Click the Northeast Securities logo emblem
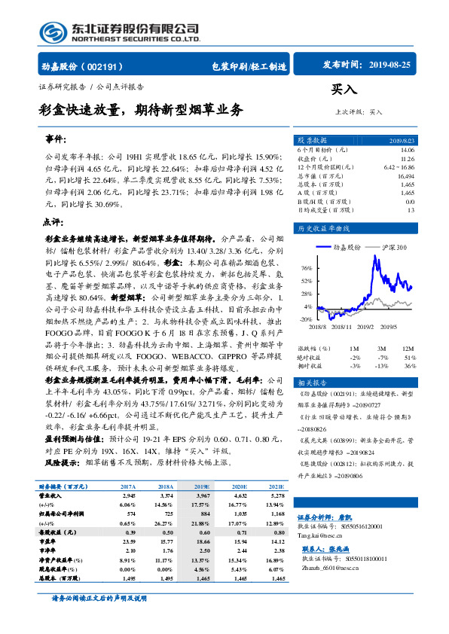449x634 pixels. pyautogui.click(x=53, y=32)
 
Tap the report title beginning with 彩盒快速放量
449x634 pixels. pyautogui.click(x=142, y=110)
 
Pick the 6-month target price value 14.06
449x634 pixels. pyautogui.click(x=408, y=150)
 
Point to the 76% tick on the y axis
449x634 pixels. pyautogui.click(x=306, y=268)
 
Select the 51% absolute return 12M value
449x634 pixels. pyautogui.click(x=410, y=357)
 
